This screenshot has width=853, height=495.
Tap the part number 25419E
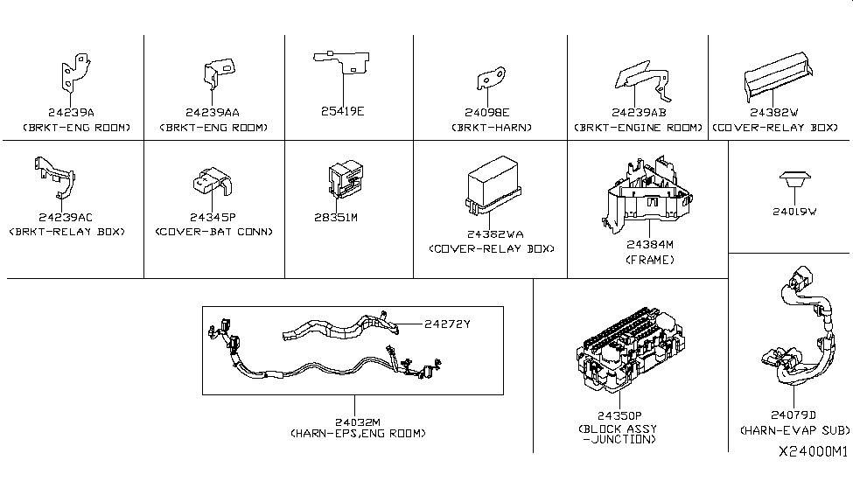(342, 112)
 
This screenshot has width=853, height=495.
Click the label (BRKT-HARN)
(491, 128)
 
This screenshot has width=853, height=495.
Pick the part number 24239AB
(638, 112)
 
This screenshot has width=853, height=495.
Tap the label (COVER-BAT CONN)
(213, 232)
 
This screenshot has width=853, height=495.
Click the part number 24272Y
(447, 324)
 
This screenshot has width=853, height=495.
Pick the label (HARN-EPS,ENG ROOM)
(358, 434)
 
